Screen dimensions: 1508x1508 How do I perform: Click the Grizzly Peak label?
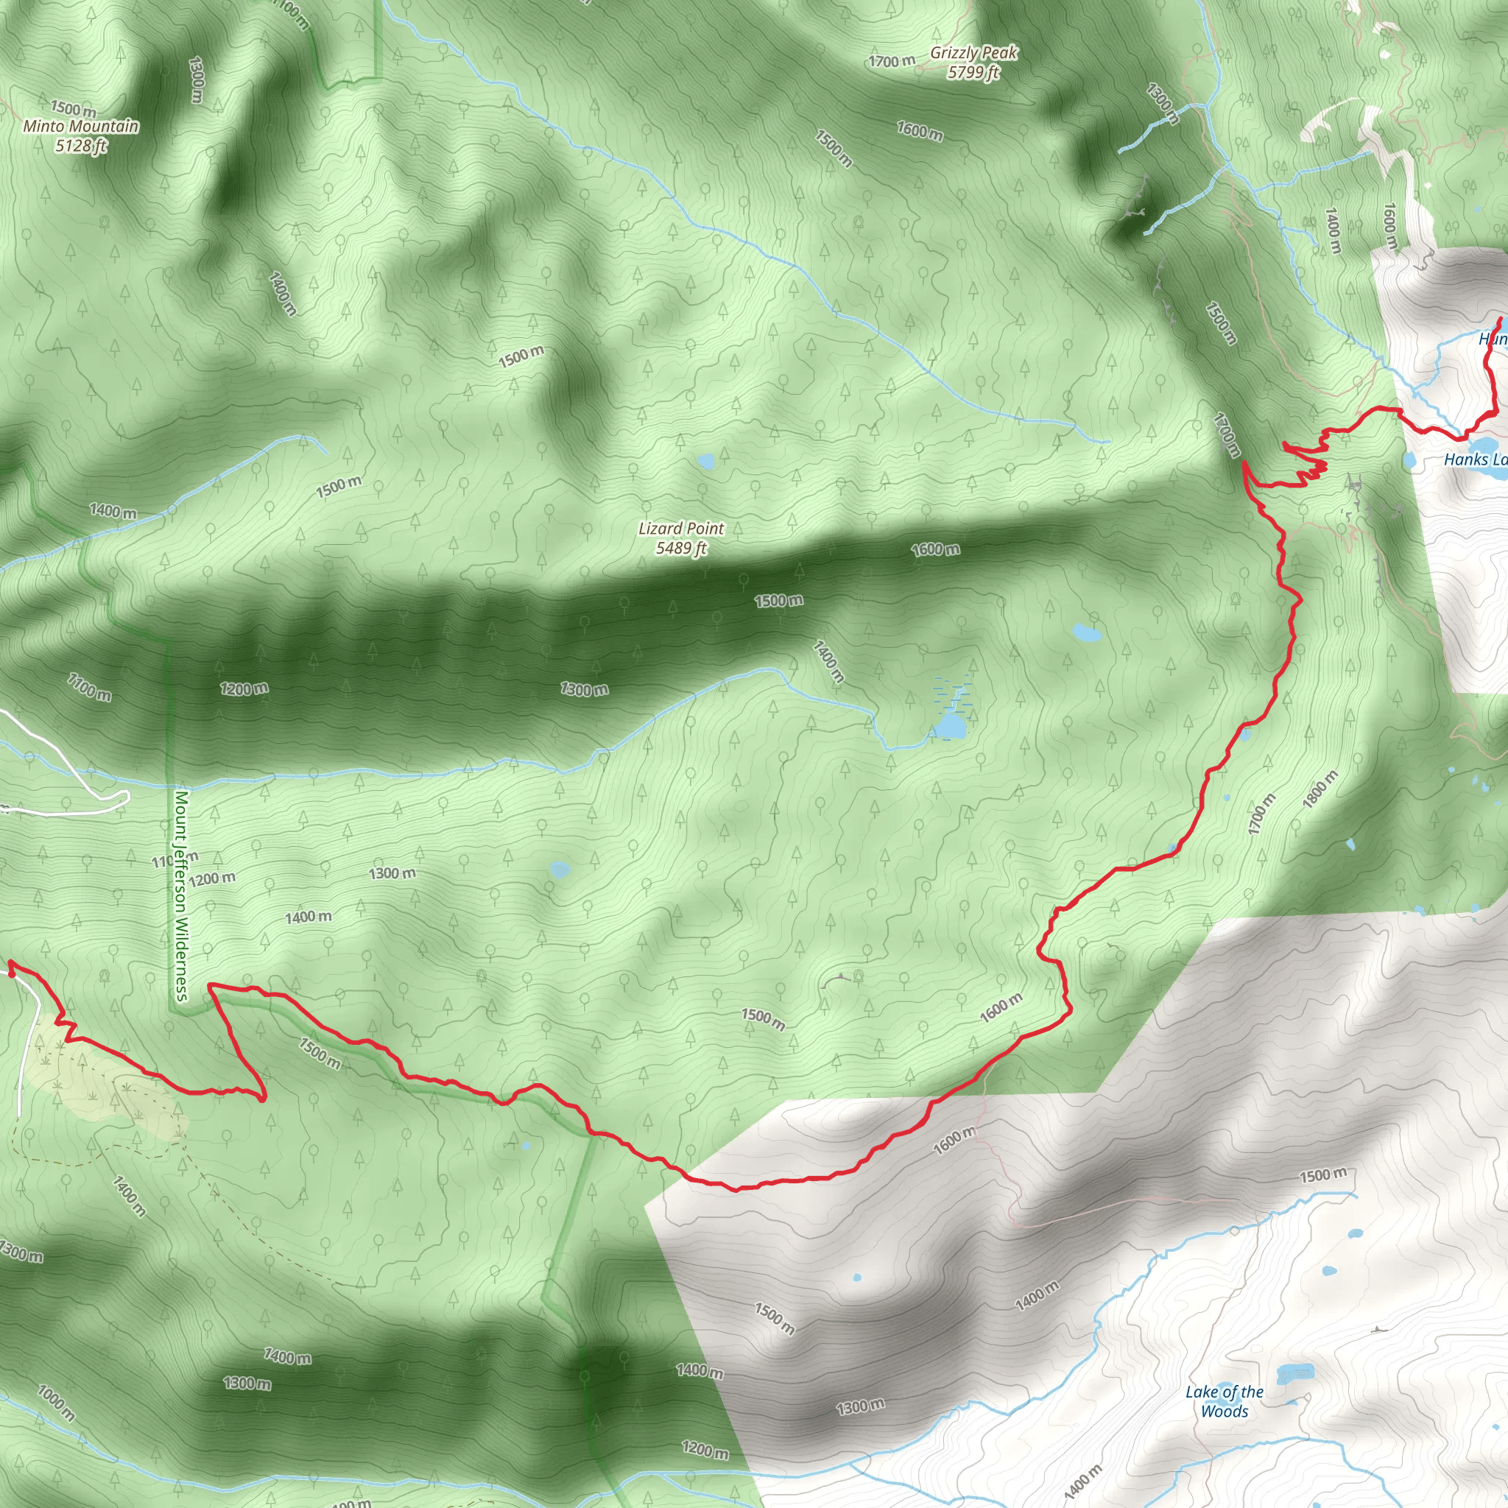click(x=973, y=53)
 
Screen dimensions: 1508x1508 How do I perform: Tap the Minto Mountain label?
click(x=81, y=127)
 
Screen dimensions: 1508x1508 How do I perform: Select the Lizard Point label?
click(x=680, y=529)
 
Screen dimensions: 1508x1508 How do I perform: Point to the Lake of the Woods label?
click(x=1224, y=1400)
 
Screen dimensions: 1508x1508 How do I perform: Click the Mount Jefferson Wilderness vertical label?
click(x=181, y=895)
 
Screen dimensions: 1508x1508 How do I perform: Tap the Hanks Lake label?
click(x=1474, y=459)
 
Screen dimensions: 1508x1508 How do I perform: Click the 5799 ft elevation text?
click(x=973, y=74)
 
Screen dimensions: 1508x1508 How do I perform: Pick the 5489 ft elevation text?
click(x=680, y=548)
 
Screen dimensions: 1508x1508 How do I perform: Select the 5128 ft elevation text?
click(x=81, y=146)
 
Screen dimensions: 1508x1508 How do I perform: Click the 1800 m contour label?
click(x=1320, y=789)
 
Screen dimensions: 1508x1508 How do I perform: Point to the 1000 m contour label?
click(x=56, y=1403)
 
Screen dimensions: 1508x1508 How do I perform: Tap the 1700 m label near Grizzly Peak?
click(x=892, y=61)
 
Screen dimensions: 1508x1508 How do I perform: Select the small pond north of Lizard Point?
click(x=706, y=461)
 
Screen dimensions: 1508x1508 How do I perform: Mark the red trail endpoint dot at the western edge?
click(x=12, y=973)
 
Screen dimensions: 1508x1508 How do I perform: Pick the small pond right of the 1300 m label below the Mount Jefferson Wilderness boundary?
click(x=559, y=869)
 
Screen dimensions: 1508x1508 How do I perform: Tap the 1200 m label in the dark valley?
click(x=244, y=688)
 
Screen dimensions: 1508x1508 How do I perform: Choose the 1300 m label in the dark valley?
click(x=584, y=689)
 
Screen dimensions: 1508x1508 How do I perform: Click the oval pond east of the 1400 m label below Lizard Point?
click(x=1086, y=633)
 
